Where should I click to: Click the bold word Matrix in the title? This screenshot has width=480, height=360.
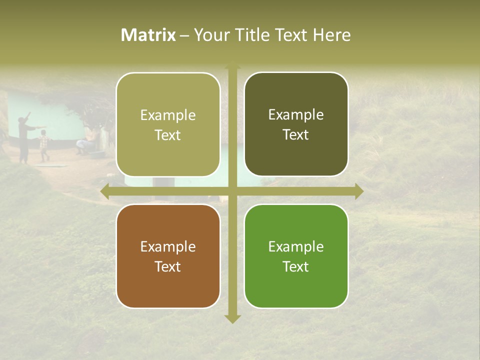point(148,35)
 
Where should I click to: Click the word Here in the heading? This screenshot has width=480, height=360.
point(331,35)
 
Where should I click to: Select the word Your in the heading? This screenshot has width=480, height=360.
point(208,35)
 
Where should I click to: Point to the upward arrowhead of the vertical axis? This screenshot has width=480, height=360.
point(232,65)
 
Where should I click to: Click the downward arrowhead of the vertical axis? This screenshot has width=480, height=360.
point(232,318)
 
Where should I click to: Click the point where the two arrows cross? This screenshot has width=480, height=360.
point(232,191)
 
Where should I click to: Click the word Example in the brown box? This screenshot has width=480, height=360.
point(168,246)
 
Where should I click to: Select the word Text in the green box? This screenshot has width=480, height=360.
point(296,266)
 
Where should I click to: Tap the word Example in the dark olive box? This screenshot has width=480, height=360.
point(296,115)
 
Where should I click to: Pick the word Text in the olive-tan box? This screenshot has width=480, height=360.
point(168,135)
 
